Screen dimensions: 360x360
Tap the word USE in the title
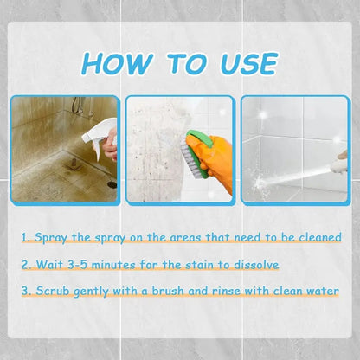(242, 64)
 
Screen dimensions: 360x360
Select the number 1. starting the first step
(27, 236)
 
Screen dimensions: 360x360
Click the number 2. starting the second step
(27, 264)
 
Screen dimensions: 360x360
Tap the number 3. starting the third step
(27, 292)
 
